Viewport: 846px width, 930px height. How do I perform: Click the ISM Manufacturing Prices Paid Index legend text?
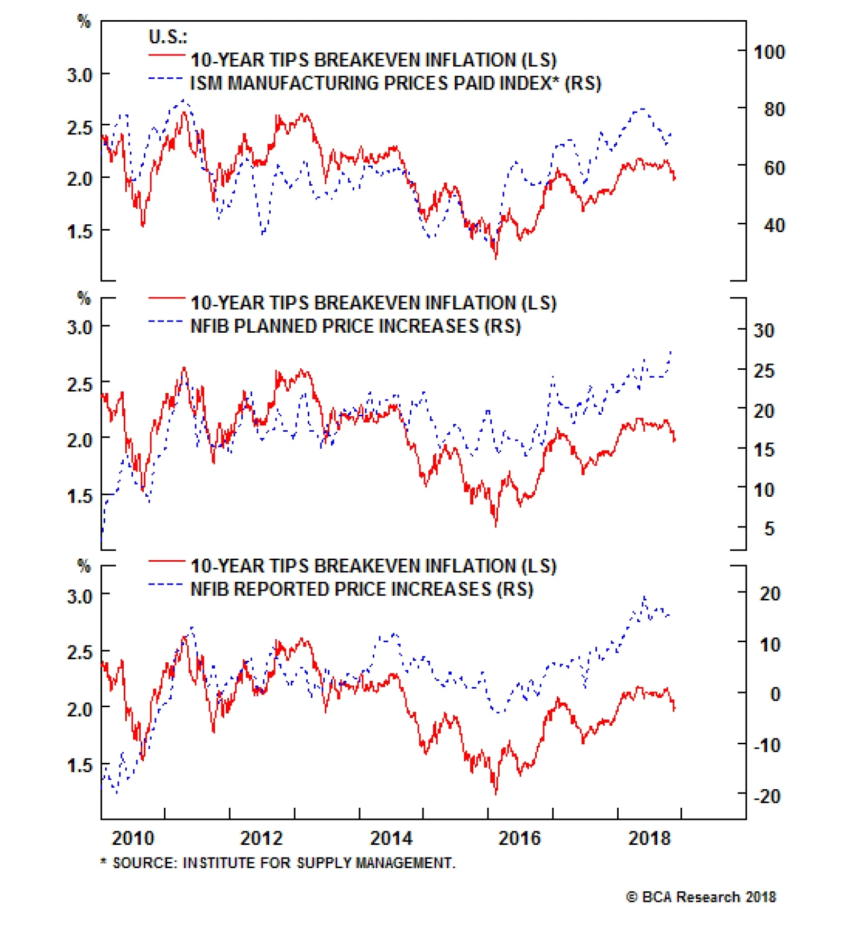click(x=396, y=84)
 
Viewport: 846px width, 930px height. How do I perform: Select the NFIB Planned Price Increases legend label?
click(x=355, y=326)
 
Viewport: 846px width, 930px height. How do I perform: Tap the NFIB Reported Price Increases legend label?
click(x=362, y=589)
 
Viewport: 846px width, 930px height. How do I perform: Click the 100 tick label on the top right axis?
click(x=769, y=52)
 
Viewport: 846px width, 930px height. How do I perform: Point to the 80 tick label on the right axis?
click(x=774, y=110)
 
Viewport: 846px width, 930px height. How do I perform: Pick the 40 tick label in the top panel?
click(x=774, y=226)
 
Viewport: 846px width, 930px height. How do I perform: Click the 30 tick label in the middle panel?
click(x=764, y=331)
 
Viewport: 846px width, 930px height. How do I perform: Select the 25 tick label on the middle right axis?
click(x=764, y=371)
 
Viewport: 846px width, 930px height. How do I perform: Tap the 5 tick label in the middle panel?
click(x=769, y=528)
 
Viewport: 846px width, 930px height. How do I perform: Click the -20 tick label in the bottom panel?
click(x=767, y=796)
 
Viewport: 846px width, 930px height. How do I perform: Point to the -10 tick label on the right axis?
click(x=767, y=745)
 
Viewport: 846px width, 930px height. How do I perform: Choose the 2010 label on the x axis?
click(x=133, y=838)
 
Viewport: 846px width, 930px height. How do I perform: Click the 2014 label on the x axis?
click(x=391, y=838)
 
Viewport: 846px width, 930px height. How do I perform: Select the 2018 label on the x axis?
click(x=649, y=838)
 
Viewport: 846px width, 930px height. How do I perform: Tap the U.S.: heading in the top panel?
click(x=168, y=37)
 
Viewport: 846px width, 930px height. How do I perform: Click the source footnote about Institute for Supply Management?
click(x=278, y=863)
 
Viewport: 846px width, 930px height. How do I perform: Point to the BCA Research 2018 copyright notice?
click(x=701, y=897)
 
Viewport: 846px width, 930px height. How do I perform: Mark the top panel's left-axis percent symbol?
click(x=84, y=21)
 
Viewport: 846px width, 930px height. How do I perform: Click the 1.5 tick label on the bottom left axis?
click(x=79, y=765)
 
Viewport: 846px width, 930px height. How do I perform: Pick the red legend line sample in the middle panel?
click(x=166, y=299)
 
